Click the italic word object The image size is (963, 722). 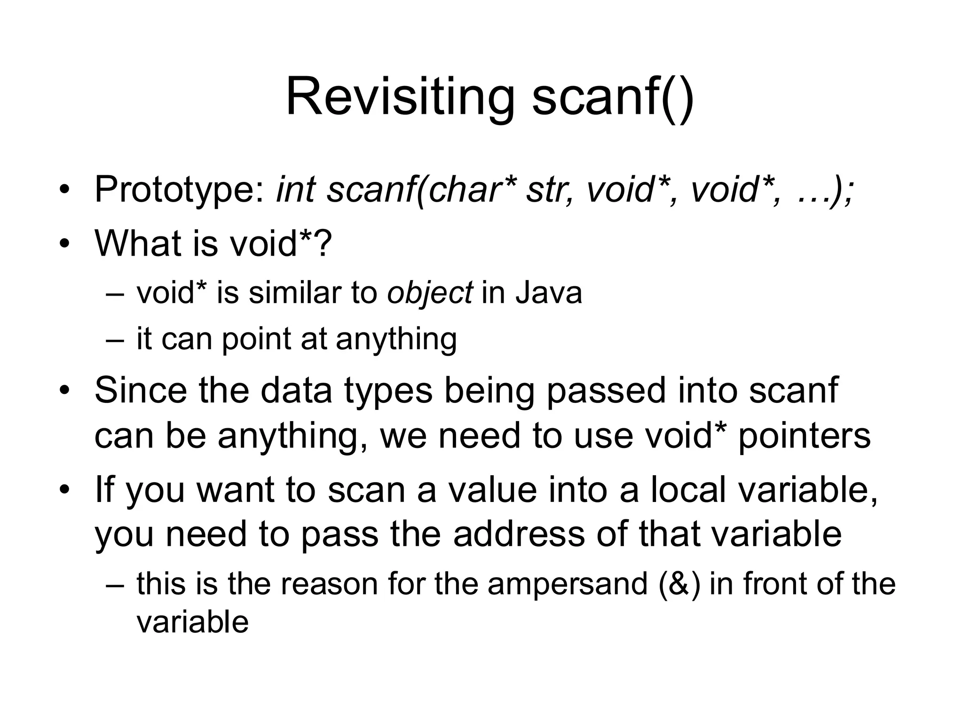[429, 293]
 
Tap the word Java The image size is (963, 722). [549, 292]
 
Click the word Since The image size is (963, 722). [141, 390]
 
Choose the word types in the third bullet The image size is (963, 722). [388, 391]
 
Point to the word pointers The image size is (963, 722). [804, 435]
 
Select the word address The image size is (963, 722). [520, 534]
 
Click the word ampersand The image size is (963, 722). [568, 584]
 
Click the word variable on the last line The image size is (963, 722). [192, 622]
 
